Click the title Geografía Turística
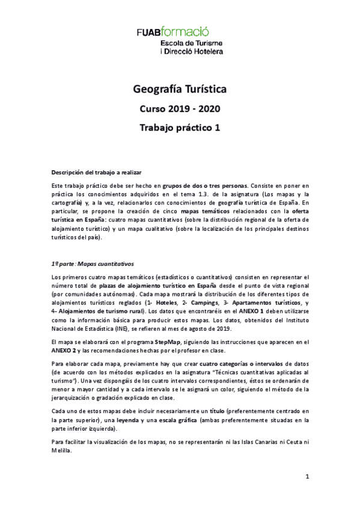pyautogui.click(x=180, y=90)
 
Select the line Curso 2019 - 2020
pyautogui.click(x=180, y=109)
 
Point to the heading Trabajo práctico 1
pyautogui.click(x=180, y=127)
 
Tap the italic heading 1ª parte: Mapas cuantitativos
pyautogui.click(x=93, y=263)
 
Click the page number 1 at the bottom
pyautogui.click(x=307, y=478)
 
